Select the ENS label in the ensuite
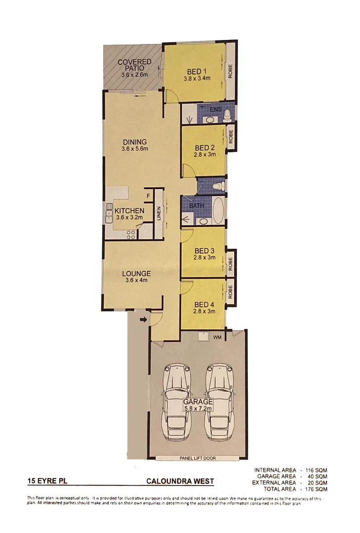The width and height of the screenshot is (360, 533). point(215,109)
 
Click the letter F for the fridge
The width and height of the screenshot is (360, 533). point(147,197)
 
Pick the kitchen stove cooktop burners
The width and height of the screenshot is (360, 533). point(131,235)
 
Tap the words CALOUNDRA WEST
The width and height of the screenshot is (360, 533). point(180,481)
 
